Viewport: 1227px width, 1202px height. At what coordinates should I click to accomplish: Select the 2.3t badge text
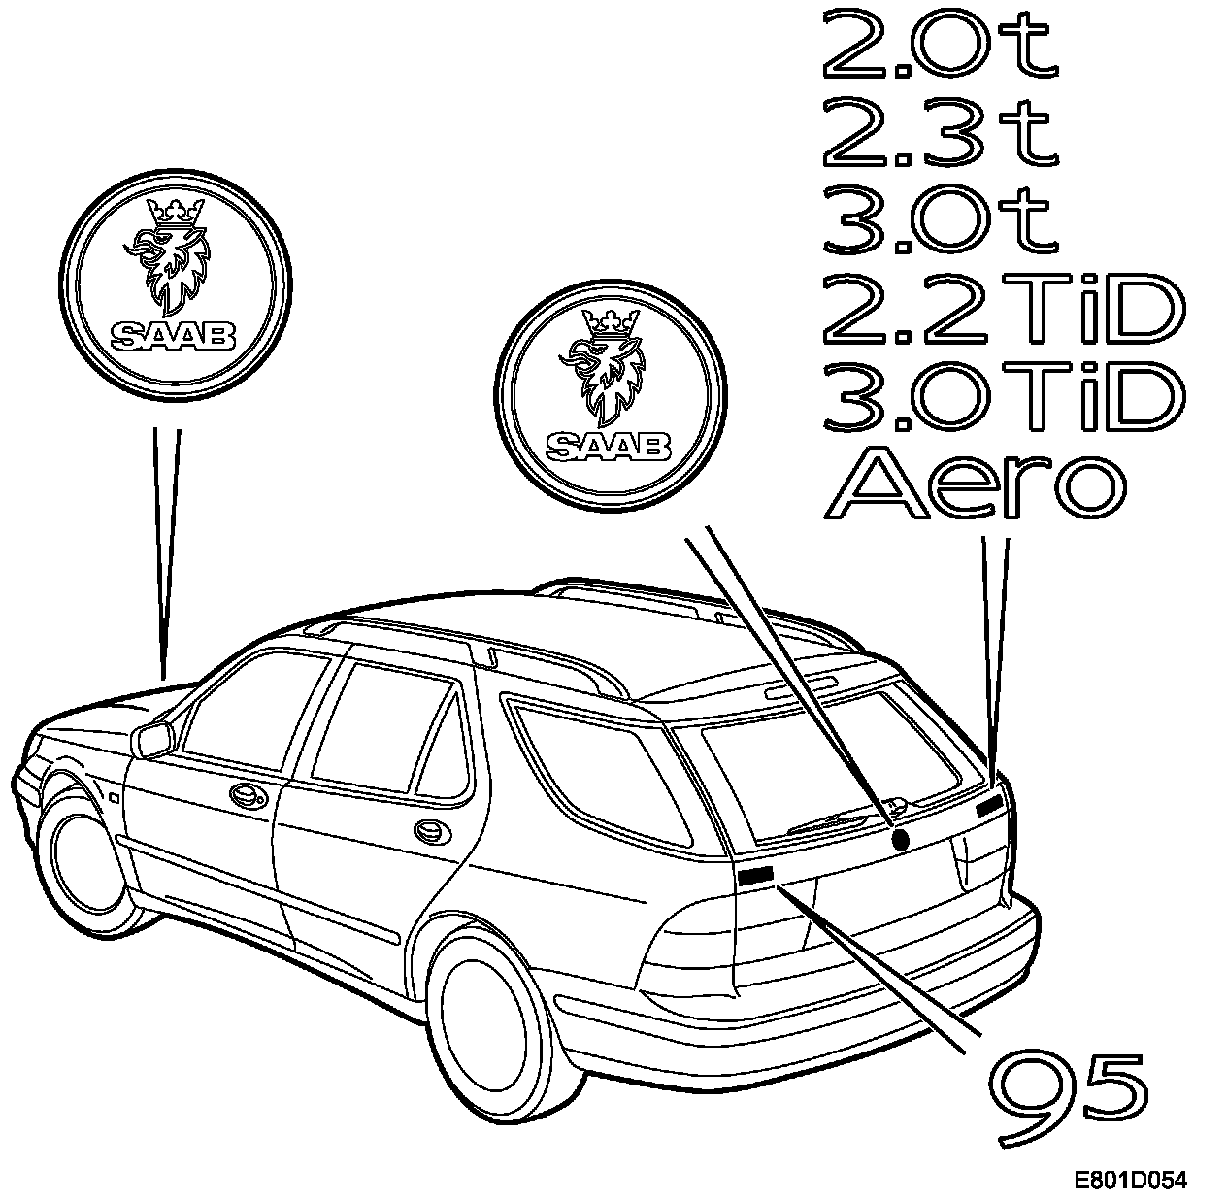pyautogui.click(x=940, y=132)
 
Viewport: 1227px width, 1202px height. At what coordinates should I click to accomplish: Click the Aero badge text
pyautogui.click(x=976, y=484)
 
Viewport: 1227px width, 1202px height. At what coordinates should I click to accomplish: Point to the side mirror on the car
pyautogui.click(x=153, y=739)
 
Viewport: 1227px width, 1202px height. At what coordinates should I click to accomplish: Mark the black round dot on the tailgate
pyautogui.click(x=900, y=839)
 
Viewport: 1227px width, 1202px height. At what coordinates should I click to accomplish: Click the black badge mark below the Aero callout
pyautogui.click(x=988, y=804)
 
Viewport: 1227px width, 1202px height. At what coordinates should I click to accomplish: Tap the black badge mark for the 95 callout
pyautogui.click(x=755, y=875)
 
